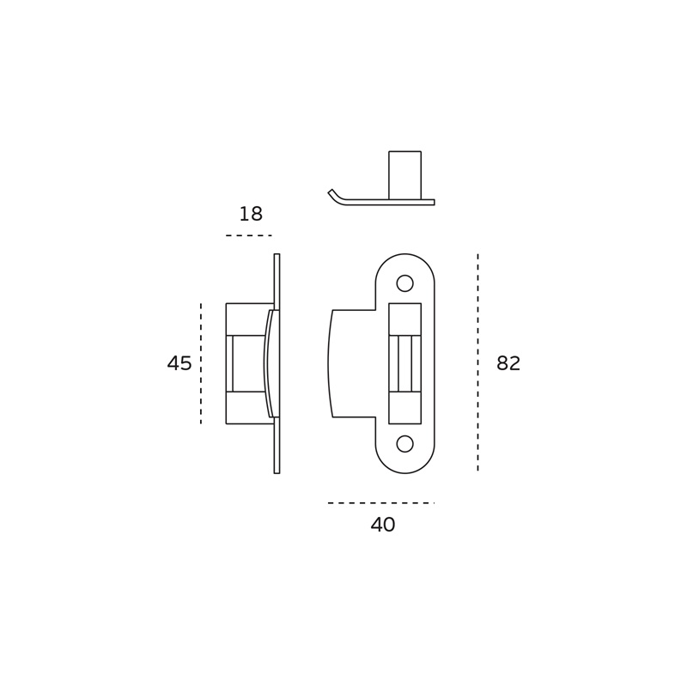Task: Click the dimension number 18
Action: tap(251, 214)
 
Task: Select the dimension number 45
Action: tap(179, 363)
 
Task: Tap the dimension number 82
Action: tap(508, 363)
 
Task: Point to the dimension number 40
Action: tap(383, 525)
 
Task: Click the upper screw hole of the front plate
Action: tap(404, 283)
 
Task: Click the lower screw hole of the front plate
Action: tap(404, 444)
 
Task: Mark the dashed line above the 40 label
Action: tap(380, 503)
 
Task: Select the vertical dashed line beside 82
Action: tap(477, 362)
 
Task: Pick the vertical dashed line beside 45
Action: tap(201, 363)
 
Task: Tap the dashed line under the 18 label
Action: tap(249, 235)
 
